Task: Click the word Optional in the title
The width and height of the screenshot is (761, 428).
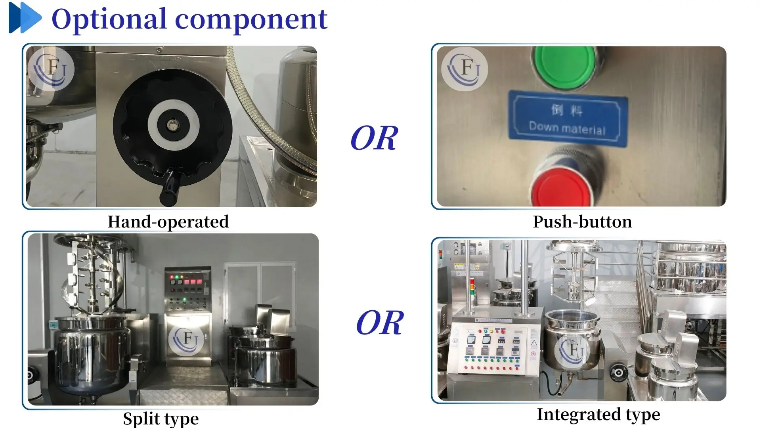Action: pyautogui.click(x=109, y=19)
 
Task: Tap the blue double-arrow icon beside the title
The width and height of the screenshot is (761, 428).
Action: pyautogui.click(x=25, y=18)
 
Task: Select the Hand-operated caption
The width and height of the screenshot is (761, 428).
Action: pyautogui.click(x=168, y=222)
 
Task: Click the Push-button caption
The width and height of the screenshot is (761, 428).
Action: pyautogui.click(x=582, y=222)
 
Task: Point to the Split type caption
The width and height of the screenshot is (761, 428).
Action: pyautogui.click(x=161, y=418)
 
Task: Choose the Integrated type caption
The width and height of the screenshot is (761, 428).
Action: pyautogui.click(x=598, y=415)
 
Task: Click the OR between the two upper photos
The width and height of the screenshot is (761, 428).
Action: pyautogui.click(x=374, y=139)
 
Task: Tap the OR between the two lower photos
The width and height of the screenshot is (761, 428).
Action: pyautogui.click(x=379, y=323)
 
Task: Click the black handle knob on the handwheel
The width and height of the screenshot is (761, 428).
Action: pyautogui.click(x=169, y=186)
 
